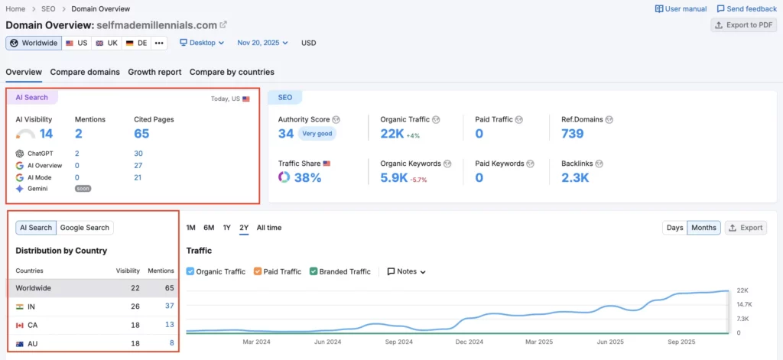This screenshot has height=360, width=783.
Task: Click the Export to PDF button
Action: pos(743,25)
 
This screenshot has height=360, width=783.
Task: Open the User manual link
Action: pos(681,8)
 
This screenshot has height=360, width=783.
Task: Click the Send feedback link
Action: pos(746,8)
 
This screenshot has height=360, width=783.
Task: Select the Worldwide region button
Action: pos(34,43)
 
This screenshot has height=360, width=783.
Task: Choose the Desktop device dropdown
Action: pos(202,43)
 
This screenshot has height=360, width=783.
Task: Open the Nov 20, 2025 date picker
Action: pos(262,43)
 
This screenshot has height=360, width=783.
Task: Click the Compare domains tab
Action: pos(85,72)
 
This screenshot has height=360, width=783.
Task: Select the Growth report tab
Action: pos(154,72)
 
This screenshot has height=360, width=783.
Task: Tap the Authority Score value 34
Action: pos(286,134)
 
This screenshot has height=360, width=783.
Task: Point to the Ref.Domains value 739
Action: pos(572,134)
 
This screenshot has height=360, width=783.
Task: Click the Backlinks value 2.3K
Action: pos(574,177)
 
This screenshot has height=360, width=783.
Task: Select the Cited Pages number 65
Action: pos(141,134)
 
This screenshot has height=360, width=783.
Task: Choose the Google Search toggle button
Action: pos(85,227)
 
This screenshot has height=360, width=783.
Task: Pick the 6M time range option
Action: pos(209,228)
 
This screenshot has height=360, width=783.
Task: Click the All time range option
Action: pos(268,228)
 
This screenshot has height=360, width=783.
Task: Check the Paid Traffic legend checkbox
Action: pos(258,271)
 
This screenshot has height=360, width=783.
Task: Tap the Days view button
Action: pos(674,228)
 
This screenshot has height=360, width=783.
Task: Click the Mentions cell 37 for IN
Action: pos(169,306)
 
